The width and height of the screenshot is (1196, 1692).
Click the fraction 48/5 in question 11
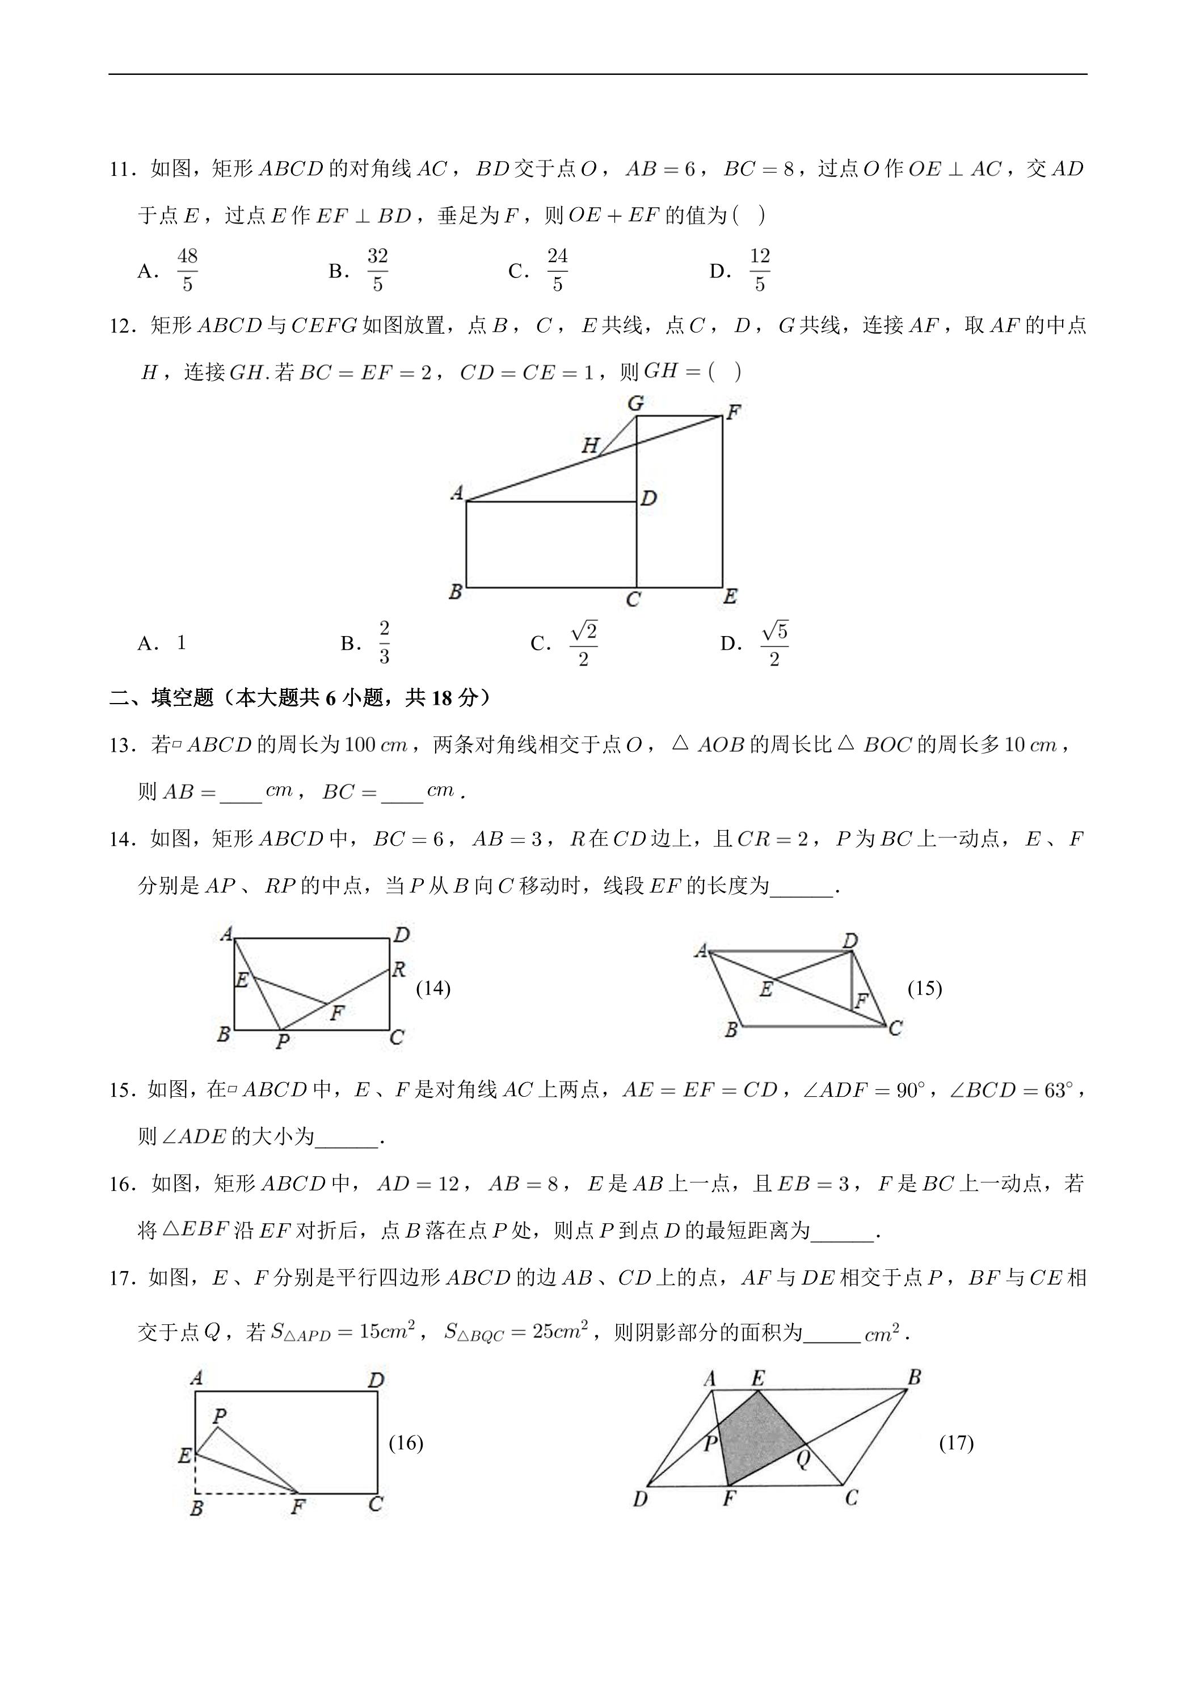pyautogui.click(x=187, y=271)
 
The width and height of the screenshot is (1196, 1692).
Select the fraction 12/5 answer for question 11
pyautogui.click(x=759, y=271)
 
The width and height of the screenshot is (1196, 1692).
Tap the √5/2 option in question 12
pyautogui.click(x=774, y=643)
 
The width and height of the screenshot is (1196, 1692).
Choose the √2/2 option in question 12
pyautogui.click(x=583, y=643)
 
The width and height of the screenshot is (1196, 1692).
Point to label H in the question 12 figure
pyautogui.click(x=590, y=445)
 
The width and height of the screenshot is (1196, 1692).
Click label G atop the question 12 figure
pyautogui.click(x=635, y=403)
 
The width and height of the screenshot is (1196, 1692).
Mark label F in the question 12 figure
pyautogui.click(x=733, y=412)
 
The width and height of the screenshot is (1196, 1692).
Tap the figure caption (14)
pyautogui.click(x=433, y=988)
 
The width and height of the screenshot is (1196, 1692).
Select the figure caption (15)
pyautogui.click(x=924, y=988)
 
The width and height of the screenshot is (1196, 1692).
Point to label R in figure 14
pyautogui.click(x=399, y=970)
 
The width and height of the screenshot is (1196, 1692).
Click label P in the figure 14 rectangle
pyautogui.click(x=282, y=1041)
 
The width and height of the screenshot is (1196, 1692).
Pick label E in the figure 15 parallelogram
pyautogui.click(x=765, y=990)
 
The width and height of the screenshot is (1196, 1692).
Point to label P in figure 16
pyautogui.click(x=219, y=1416)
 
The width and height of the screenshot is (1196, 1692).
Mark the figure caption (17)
pyautogui.click(x=956, y=1442)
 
